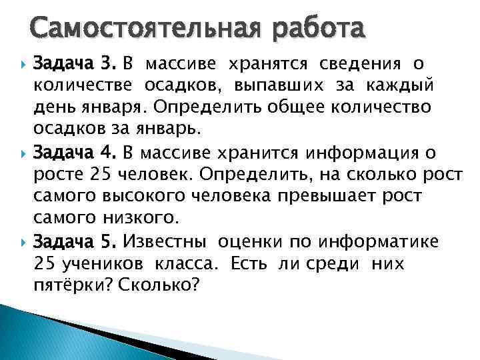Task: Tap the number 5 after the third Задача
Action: coord(110,241)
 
